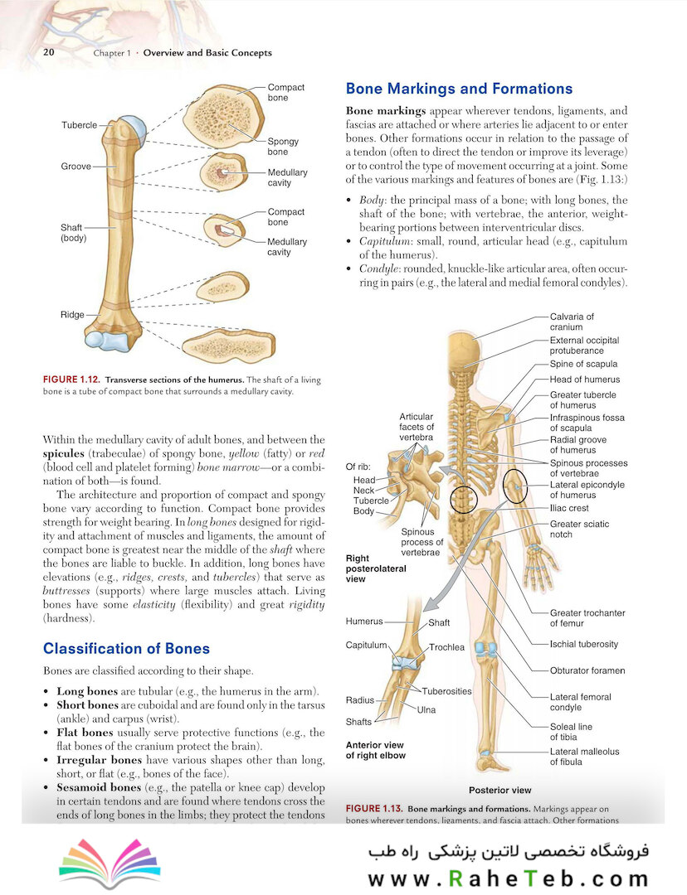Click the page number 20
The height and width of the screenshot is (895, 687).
pyautogui.click(x=49, y=52)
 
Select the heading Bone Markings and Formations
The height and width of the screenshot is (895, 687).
pyautogui.click(x=459, y=89)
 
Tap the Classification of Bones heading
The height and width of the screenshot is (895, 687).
pyautogui.click(x=126, y=648)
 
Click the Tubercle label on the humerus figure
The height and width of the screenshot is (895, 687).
pyautogui.click(x=80, y=125)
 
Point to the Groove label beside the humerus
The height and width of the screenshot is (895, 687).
pyautogui.click(x=76, y=166)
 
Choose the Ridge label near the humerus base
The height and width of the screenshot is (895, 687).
pyautogui.click(x=72, y=315)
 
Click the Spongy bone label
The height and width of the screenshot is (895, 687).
pyautogui.click(x=283, y=146)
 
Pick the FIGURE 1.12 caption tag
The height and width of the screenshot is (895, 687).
pyautogui.click(x=71, y=380)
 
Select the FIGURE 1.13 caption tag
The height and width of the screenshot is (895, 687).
pyautogui.click(x=374, y=808)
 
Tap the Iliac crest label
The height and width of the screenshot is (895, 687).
pyautogui.click(x=568, y=508)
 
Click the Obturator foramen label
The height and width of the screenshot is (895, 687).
pyautogui.click(x=587, y=670)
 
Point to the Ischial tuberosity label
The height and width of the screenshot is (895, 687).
pyautogui.click(x=583, y=644)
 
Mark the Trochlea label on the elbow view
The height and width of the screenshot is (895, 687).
pyautogui.click(x=446, y=647)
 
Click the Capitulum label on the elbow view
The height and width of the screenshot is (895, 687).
pyautogui.click(x=367, y=645)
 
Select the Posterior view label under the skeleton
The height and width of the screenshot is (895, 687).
pyautogui.click(x=500, y=790)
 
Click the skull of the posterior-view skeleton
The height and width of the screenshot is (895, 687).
pyautogui.click(x=464, y=348)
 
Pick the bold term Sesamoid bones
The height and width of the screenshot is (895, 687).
pyautogui.click(x=99, y=788)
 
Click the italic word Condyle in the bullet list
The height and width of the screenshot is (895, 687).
pyautogui.click(x=378, y=268)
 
